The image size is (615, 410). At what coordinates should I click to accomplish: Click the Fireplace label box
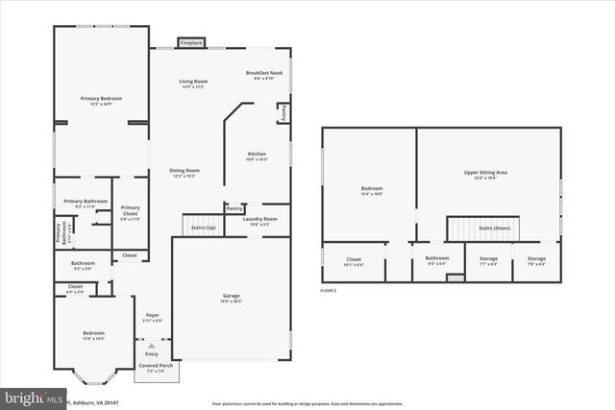click(192, 42)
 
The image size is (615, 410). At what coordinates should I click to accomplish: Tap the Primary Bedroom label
click(101, 100)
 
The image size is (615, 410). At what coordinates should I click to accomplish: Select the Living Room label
click(193, 84)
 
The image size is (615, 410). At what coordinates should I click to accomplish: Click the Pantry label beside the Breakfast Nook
click(283, 112)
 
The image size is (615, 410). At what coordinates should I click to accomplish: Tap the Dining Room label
click(184, 173)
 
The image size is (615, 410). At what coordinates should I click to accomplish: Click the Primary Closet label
click(131, 211)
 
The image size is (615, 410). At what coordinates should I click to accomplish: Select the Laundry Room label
click(259, 220)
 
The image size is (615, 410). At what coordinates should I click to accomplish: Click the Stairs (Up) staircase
click(202, 225)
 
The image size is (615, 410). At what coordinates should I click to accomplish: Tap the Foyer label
click(152, 317)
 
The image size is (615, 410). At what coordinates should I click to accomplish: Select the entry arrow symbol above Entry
click(151, 344)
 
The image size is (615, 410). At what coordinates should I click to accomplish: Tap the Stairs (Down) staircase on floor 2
click(483, 229)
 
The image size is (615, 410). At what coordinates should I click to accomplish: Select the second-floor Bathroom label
click(437, 259)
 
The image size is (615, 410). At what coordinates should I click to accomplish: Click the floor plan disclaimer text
click(307, 403)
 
